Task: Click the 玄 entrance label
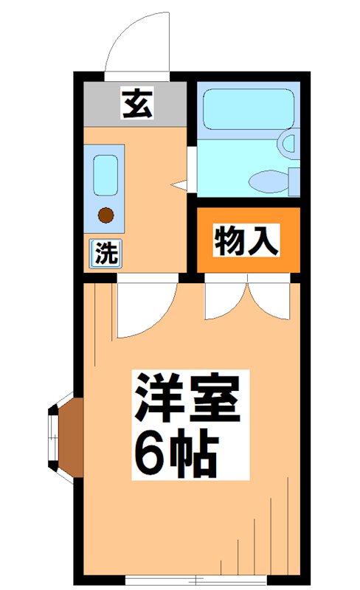(x=136, y=103)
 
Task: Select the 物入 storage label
(x=247, y=241)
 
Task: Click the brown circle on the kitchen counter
(x=106, y=215)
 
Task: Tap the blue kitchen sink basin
(x=105, y=176)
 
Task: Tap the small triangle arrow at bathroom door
(x=178, y=183)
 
